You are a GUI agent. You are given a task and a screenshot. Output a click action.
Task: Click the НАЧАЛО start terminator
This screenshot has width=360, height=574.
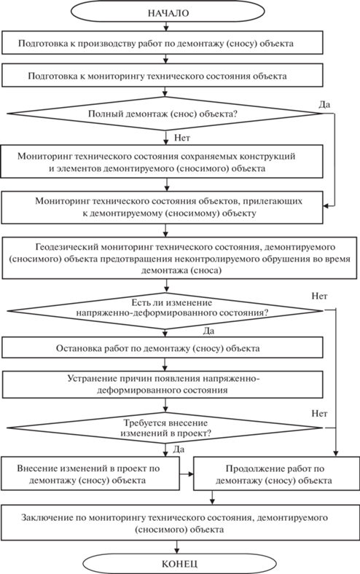(168, 12)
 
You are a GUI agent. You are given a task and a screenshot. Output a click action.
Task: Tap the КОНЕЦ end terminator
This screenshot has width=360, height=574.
(179, 563)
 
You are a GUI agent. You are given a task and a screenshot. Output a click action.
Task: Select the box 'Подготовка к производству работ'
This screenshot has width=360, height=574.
(163, 43)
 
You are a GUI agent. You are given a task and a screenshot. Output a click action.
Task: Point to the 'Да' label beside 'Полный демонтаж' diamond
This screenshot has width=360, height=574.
(324, 105)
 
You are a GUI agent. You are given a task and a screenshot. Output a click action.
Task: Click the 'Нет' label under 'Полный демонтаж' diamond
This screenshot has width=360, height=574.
(182, 138)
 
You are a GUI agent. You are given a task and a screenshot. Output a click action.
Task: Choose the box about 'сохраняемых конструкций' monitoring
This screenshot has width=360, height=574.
(162, 162)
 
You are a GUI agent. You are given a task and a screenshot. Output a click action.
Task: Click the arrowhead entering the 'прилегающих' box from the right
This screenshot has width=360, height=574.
(326, 206)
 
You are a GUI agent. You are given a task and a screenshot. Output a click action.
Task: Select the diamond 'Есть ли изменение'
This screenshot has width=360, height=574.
(165, 311)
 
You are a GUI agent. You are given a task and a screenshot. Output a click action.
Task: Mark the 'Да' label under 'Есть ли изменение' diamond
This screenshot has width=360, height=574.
(208, 331)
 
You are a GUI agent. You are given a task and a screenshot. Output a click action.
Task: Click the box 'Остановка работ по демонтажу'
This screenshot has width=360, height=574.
(163, 347)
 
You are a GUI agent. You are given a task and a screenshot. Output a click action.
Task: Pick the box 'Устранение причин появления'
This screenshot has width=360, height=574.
(163, 385)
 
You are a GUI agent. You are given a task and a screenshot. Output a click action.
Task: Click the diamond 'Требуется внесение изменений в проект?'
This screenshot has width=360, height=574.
(165, 428)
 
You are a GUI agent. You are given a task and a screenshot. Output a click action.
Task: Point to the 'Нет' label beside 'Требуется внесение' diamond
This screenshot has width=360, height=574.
(319, 414)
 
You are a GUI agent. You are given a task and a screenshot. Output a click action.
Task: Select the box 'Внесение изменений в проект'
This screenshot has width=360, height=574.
(90, 473)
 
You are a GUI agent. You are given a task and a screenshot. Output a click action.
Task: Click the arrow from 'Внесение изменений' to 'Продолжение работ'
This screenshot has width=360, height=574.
(187, 474)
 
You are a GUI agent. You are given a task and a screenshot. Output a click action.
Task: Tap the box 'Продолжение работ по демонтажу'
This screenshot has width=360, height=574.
(276, 474)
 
